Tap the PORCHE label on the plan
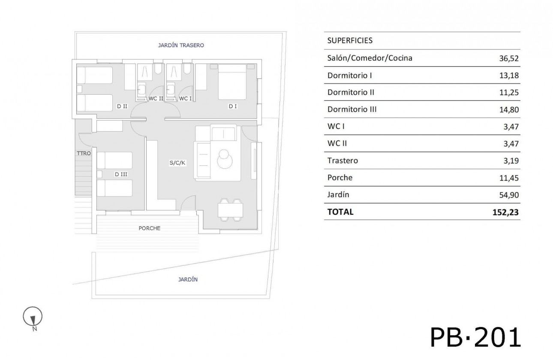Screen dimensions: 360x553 pyautogui.click(x=150, y=228)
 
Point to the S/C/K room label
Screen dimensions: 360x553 pyautogui.click(x=177, y=163)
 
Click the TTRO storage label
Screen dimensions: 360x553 pyautogui.click(x=83, y=153)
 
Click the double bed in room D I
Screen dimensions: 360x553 pyautogui.click(x=232, y=81)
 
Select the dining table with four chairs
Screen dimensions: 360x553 pyautogui.click(x=230, y=210)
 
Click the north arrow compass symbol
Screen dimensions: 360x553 pyautogui.click(x=33, y=318)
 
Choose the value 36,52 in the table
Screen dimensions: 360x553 pyautogui.click(x=509, y=58)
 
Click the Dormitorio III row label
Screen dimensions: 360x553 pyautogui.click(x=352, y=109)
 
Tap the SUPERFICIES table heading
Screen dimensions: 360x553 pyautogui.click(x=350, y=41)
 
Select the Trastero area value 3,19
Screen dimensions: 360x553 pyautogui.click(x=511, y=161)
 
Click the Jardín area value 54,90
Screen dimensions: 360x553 pyautogui.click(x=509, y=195)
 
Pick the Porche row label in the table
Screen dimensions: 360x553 pyautogui.click(x=340, y=177)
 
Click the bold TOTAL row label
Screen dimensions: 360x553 pyautogui.click(x=340, y=212)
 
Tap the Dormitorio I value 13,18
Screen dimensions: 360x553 pyautogui.click(x=509, y=75)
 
